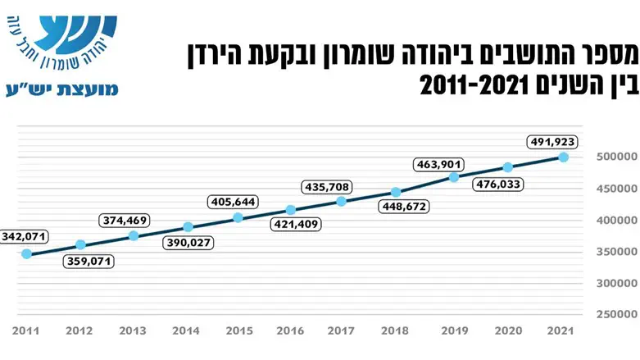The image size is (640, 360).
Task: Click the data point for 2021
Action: [564, 156]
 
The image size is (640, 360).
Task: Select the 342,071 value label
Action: [24, 236]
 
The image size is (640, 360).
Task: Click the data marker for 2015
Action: [238, 217]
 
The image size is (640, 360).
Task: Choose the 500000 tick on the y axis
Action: [614, 157]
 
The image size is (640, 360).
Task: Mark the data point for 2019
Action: [454, 177]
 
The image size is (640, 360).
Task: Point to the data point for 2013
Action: [134, 235]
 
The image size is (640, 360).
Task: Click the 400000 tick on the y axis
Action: [614, 220]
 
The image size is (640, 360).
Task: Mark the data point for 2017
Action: [342, 201]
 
